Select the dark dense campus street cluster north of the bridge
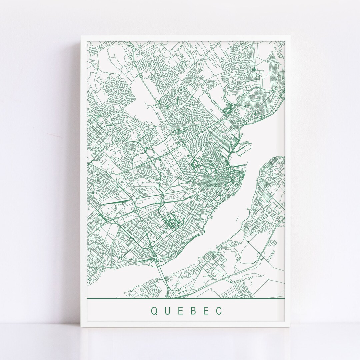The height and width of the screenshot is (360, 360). [171, 222]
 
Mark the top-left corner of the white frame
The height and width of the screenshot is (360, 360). [81, 35]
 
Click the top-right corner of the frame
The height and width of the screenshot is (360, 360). [291, 35]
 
